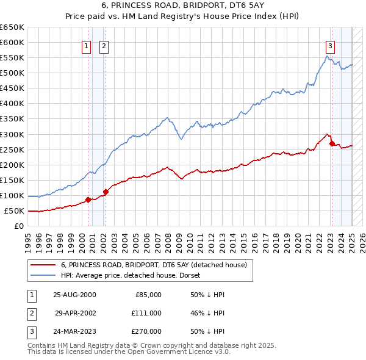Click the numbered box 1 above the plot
coord(86,45)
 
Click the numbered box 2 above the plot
coord(104,45)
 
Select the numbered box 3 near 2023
coord(330,45)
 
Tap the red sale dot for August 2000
coord(88,200)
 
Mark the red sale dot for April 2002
coord(106,192)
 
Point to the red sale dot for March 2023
coord(332,143)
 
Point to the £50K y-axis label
coord(14,211)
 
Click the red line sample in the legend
coord(43,265)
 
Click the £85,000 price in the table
coord(147,295)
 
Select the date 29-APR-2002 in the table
coord(76,312)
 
